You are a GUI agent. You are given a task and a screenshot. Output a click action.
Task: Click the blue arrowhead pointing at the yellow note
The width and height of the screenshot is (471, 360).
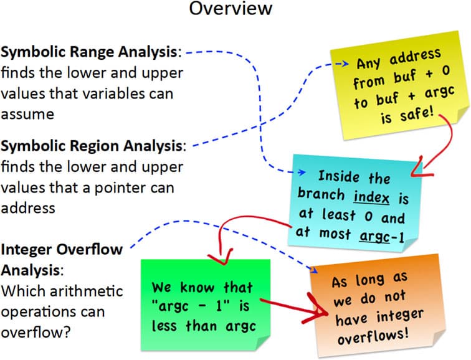[x=341, y=64]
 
